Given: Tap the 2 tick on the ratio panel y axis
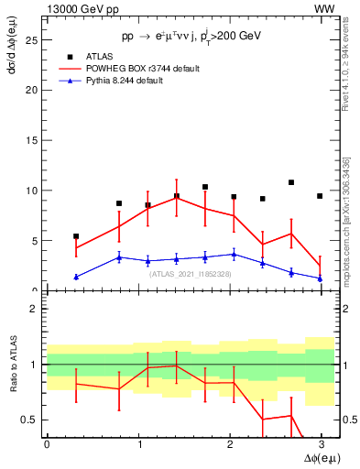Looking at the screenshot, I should coord(34,309).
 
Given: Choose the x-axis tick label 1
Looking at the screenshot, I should coord(138,443).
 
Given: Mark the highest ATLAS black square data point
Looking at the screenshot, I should coord(291,182).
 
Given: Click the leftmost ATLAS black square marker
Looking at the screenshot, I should coord(76,235).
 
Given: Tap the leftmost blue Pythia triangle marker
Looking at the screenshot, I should coord(76,277).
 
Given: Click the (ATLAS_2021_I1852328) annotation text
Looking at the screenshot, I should coord(190,274).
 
